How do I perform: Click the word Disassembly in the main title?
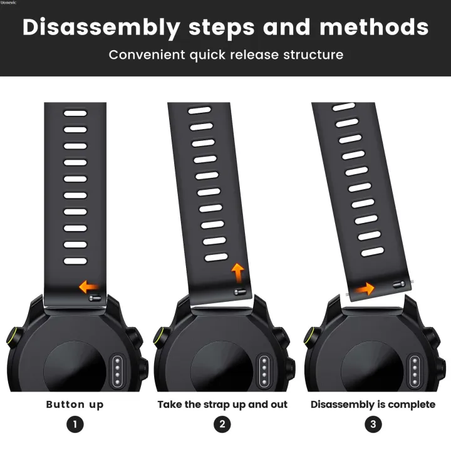[x=101, y=28]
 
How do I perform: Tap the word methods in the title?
[x=374, y=27]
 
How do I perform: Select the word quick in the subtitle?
[x=207, y=55]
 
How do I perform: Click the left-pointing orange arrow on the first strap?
[x=88, y=287]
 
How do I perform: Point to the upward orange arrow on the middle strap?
[x=238, y=272]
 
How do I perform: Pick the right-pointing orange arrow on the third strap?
[x=364, y=289]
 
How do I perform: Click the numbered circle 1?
[x=75, y=424]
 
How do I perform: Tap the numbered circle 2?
[x=222, y=424]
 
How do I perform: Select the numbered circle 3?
[x=373, y=424]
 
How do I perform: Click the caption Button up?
[x=75, y=405]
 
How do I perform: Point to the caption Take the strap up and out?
[x=222, y=405]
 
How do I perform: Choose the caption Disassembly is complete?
[x=373, y=405]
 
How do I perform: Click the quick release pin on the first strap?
[x=95, y=298]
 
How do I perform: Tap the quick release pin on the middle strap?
[x=240, y=293]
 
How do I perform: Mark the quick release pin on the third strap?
[x=399, y=284]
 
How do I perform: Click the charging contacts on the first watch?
[x=117, y=371]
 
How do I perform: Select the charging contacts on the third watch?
[x=415, y=371]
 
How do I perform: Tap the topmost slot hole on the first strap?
[x=75, y=113]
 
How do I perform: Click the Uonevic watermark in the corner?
[x=8, y=3]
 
